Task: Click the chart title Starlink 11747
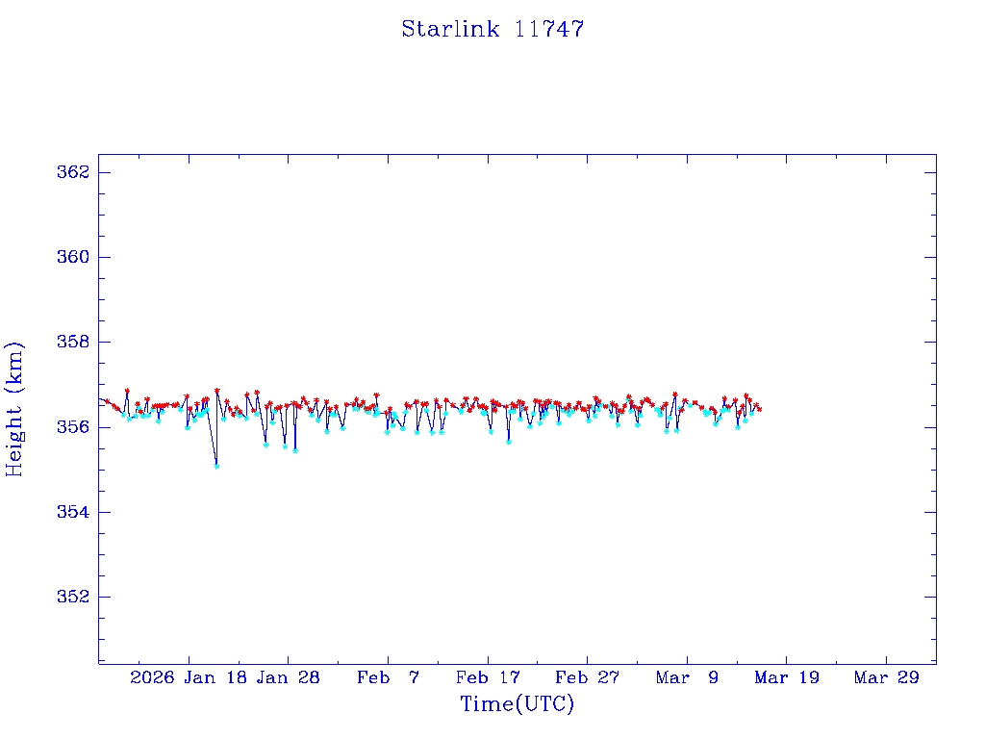click(x=492, y=30)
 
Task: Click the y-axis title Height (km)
click(x=14, y=409)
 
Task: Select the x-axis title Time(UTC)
click(x=517, y=704)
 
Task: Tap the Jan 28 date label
click(x=290, y=678)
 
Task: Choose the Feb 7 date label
click(x=389, y=678)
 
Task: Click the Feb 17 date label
click(x=489, y=678)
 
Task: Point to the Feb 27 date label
click(x=588, y=678)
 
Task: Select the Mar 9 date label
click(x=688, y=678)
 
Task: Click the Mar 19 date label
click(x=787, y=678)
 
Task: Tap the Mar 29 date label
click(x=887, y=678)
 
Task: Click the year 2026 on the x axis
click(x=152, y=678)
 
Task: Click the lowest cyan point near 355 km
click(x=216, y=466)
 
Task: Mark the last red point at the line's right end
click(x=760, y=409)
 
